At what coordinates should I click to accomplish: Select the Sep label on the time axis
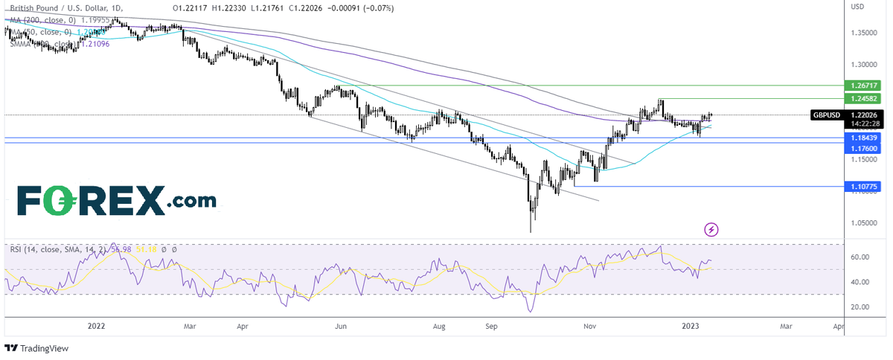click(491, 326)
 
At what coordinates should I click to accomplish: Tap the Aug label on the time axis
click(439, 326)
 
